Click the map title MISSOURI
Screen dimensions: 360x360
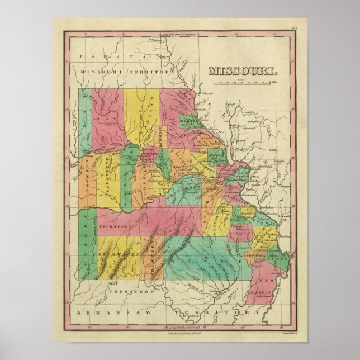pos(242,71)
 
